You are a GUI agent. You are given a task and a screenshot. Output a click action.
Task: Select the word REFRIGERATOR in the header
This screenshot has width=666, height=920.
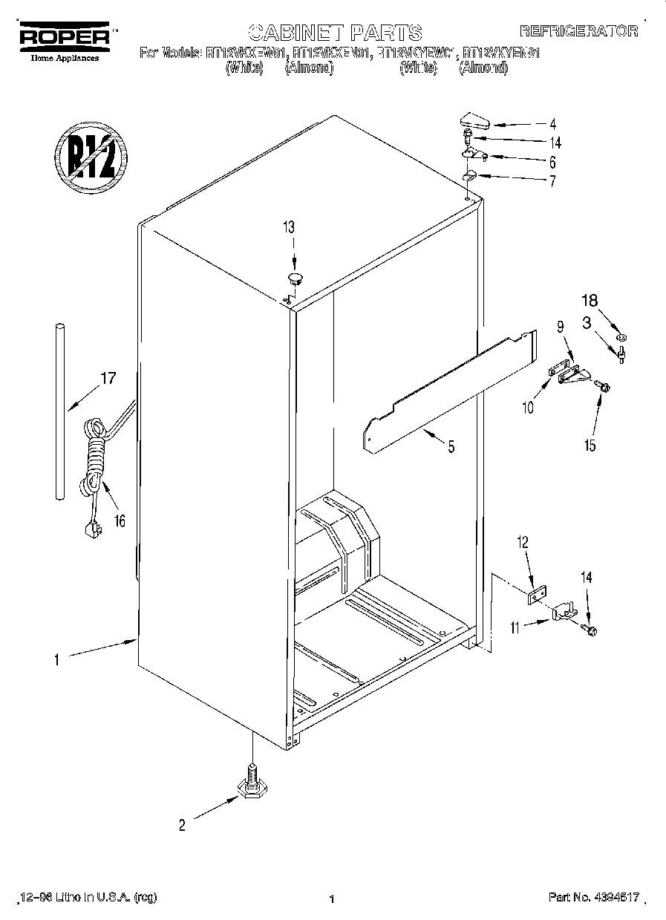click(578, 30)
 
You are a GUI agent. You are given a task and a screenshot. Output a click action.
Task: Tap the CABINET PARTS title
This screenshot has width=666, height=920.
click(335, 32)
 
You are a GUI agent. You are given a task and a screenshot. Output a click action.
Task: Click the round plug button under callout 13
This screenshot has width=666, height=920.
click(295, 278)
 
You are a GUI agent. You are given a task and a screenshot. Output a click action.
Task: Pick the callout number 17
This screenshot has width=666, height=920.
click(108, 379)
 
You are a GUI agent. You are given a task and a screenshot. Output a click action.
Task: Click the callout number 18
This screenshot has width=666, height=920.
click(589, 301)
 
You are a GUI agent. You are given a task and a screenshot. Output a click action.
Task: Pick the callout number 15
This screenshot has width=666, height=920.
click(590, 445)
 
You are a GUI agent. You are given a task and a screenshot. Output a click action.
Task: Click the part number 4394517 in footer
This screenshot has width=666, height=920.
click(616, 897)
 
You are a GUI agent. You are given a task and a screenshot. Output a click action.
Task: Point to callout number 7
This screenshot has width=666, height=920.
click(552, 181)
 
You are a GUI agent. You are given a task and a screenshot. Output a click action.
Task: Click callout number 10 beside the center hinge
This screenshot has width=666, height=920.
click(526, 408)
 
